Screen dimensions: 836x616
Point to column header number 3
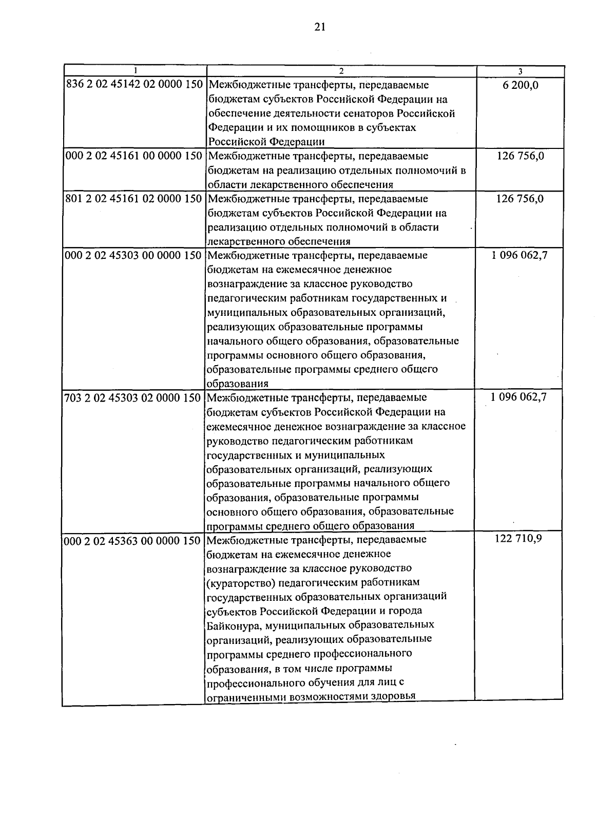pos(521,71)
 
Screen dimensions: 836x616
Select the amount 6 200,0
pos(521,85)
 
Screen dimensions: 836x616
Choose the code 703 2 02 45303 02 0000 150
pos(133,397)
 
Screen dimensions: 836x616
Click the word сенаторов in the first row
pos(362,113)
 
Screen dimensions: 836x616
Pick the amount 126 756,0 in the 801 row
pos(519,199)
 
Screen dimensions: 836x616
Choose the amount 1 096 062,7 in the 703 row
pos(518,397)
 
